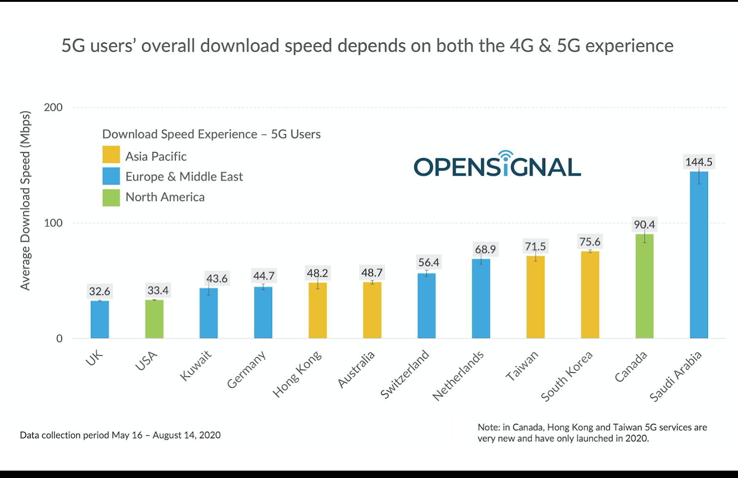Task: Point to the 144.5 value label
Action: pyautogui.click(x=698, y=162)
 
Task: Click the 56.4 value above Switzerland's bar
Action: pyautogui.click(x=429, y=262)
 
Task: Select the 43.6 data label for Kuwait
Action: pyautogui.click(x=217, y=278)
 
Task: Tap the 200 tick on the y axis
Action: pyautogui.click(x=53, y=107)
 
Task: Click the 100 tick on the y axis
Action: pyautogui.click(x=53, y=223)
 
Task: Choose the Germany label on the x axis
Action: pyautogui.click(x=247, y=370)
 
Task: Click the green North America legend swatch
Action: pyautogui.click(x=111, y=197)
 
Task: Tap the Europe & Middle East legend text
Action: pyautogui.click(x=184, y=177)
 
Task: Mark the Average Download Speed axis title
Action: pyautogui.click(x=25, y=201)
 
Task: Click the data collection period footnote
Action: pyautogui.click(x=120, y=435)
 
